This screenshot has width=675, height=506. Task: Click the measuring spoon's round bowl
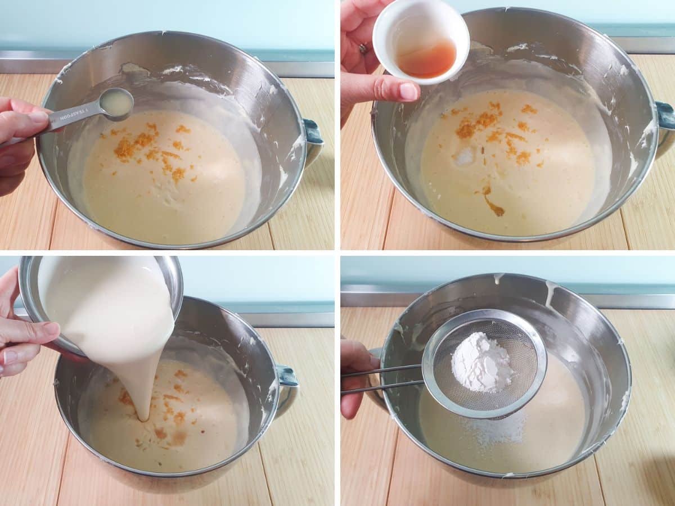[x=116, y=103]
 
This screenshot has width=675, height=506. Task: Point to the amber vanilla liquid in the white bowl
[x=427, y=59]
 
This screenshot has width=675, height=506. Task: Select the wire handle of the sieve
[x=382, y=378]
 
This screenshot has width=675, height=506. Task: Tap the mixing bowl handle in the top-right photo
[x=665, y=121]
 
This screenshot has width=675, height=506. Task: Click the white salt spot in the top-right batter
[x=465, y=157]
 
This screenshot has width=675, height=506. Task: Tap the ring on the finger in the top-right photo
[x=363, y=49]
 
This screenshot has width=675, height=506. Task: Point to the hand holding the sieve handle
[x=354, y=377]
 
